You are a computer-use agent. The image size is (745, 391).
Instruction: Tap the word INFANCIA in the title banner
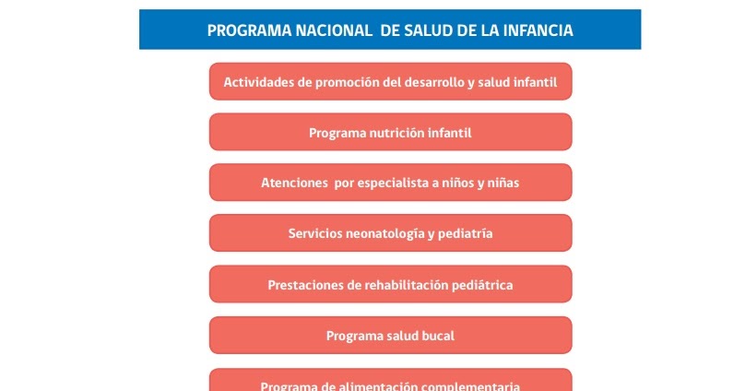click(538, 30)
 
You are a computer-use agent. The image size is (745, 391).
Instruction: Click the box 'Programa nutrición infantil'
click(390, 133)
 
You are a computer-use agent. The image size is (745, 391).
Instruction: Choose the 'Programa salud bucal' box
click(390, 336)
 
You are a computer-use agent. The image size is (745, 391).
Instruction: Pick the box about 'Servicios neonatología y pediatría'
click(390, 234)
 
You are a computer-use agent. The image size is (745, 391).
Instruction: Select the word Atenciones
click(294, 184)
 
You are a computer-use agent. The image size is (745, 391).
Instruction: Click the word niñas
click(502, 184)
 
